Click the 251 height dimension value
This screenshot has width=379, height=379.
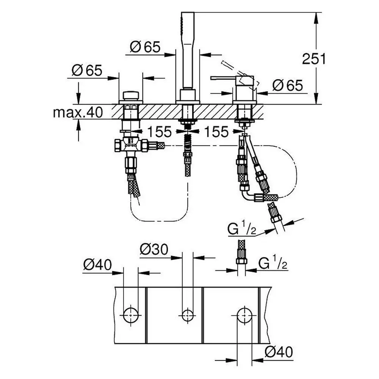[x=314, y=59]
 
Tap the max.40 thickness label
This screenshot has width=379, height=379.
[x=78, y=113]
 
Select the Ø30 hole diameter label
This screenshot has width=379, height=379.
[x=154, y=249]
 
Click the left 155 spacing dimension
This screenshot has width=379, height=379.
[x=159, y=132]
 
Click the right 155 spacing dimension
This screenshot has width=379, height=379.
[x=216, y=132]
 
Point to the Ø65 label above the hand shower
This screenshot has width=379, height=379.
[x=145, y=47]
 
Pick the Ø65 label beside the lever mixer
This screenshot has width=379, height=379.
[x=288, y=86]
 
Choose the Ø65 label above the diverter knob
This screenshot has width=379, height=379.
[x=87, y=70]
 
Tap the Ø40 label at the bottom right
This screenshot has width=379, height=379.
[x=279, y=352]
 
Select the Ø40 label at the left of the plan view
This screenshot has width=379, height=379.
[x=97, y=265]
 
